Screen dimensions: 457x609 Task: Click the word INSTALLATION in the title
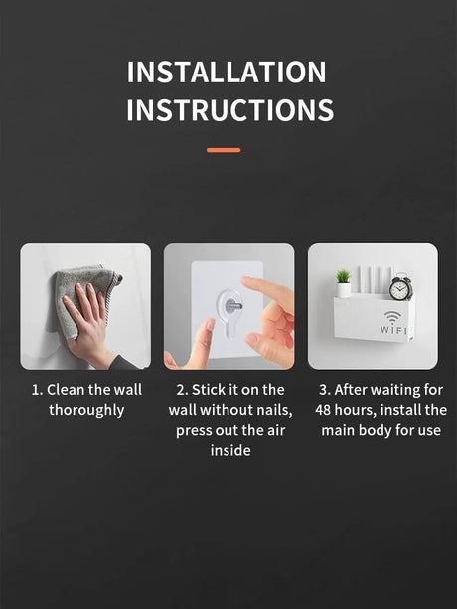[227, 73]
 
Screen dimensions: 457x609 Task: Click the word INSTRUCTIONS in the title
[229, 110]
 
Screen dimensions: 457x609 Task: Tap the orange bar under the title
[224, 150]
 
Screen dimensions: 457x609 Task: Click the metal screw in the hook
[233, 306]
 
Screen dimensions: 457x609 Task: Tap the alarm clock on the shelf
[400, 287]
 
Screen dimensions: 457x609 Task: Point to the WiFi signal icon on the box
[393, 317]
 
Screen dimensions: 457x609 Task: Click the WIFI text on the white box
[393, 330]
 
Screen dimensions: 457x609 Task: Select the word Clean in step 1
[66, 390]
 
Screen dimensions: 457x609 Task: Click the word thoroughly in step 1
[86, 411]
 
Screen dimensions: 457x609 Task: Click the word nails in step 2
[275, 410]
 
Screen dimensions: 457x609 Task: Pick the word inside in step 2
[230, 450]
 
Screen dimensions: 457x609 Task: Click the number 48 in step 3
[323, 410]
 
